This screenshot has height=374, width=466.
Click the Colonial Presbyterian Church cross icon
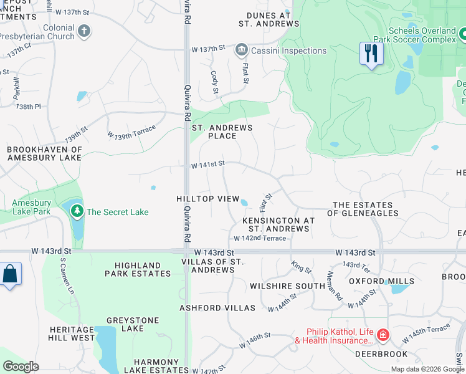(x=84, y=31)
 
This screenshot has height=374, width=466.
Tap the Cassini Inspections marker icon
(x=241, y=50)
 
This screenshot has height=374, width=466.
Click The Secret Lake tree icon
(x=77, y=212)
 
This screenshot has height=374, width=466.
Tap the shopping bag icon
(x=10, y=274)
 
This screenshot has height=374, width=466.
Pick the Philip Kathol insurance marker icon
(x=383, y=336)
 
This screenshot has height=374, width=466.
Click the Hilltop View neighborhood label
(x=207, y=199)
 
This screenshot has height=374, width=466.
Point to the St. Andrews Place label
(x=222, y=132)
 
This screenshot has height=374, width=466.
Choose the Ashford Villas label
(x=217, y=308)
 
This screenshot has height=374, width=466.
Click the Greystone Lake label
(x=125, y=324)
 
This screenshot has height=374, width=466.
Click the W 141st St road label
(x=207, y=164)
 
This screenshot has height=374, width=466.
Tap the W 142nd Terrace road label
(x=260, y=239)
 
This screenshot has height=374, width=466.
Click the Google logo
(x=21, y=367)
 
